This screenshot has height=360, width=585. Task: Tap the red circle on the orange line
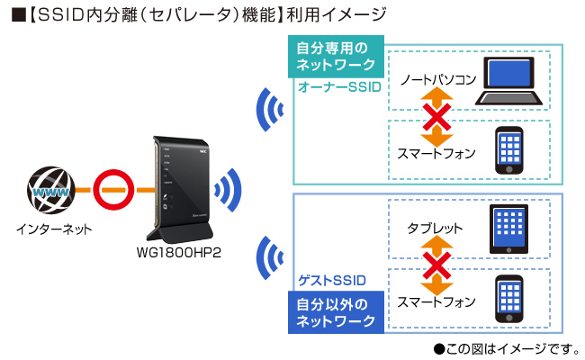pos(114,190)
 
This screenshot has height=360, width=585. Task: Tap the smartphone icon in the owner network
pos(509,149)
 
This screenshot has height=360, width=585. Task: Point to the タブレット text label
pos(435,228)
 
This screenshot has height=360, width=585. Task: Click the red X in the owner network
pos(437,116)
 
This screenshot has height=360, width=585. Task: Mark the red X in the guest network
pos(437,265)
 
